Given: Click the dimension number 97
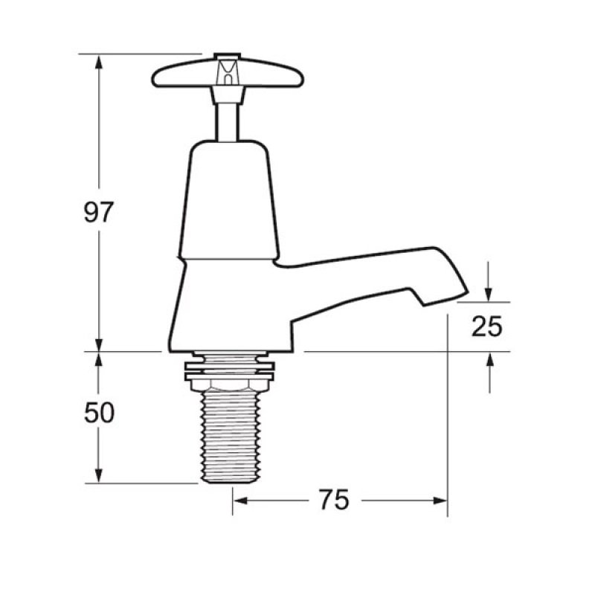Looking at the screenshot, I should pyautogui.click(x=97, y=213).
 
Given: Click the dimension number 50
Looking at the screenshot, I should pyautogui.click(x=98, y=413).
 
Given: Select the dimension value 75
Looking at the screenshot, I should pyautogui.click(x=335, y=501).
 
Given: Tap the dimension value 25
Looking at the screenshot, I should pyautogui.click(x=487, y=327).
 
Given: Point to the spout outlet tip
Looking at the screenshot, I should pyautogui.click(x=446, y=296).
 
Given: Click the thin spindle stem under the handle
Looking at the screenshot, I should pyautogui.click(x=226, y=119).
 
